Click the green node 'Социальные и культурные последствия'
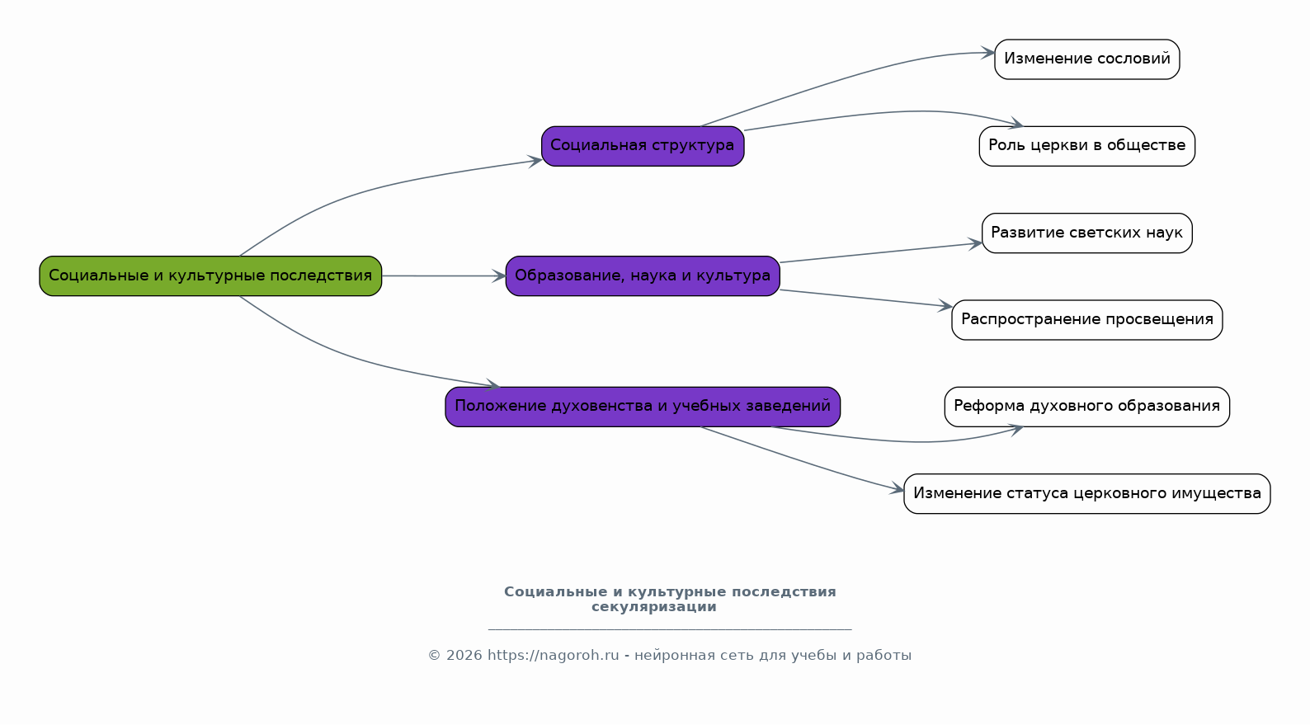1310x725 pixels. coord(210,276)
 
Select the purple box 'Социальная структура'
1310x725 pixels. coord(643,146)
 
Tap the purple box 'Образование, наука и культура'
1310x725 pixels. coord(643,276)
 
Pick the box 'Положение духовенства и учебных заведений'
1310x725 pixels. coord(643,407)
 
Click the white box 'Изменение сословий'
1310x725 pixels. coord(1087,59)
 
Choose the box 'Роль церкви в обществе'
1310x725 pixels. coord(1087,146)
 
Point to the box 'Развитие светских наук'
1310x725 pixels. coord(1087,233)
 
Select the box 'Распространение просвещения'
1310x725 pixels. coord(1087,320)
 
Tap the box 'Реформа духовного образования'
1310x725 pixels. coord(1087,407)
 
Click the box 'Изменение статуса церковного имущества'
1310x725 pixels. coord(1087,494)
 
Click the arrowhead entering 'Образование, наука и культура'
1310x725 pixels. coord(499,276)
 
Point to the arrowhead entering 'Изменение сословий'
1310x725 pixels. coord(987,53)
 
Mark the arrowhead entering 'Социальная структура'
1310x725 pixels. coord(535,161)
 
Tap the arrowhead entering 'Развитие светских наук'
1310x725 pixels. coord(975,244)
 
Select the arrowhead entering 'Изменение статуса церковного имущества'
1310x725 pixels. coord(897,488)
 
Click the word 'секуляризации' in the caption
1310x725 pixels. coord(654,607)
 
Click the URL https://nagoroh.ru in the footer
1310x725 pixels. coord(554,656)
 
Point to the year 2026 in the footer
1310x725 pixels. coord(464,656)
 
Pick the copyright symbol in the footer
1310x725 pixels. coord(435,656)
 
